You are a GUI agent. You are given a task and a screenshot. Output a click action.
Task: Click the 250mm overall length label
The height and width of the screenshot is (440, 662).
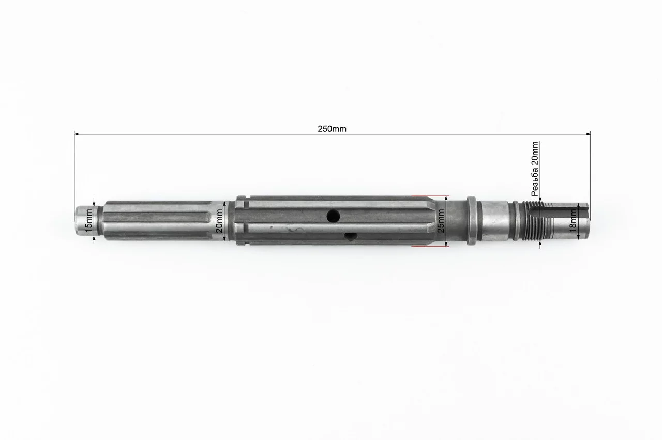(x=332, y=129)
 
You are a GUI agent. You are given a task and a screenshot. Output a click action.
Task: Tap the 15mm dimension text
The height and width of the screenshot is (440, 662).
(x=88, y=220)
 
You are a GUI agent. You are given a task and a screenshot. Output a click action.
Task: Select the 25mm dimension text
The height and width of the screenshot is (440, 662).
(x=440, y=221)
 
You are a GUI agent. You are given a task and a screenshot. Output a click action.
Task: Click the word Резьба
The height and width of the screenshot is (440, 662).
(x=535, y=185)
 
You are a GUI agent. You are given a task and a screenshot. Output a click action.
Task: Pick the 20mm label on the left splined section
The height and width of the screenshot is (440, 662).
(x=219, y=221)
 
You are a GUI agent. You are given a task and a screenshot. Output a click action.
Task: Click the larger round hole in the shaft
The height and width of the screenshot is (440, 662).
(x=333, y=216)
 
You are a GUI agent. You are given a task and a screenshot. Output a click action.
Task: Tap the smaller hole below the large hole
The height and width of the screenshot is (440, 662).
(x=351, y=236)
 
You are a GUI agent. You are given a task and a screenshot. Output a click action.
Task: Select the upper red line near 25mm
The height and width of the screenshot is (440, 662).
(x=430, y=196)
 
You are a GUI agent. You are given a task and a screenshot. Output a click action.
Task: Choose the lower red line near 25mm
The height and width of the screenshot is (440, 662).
(x=430, y=246)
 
